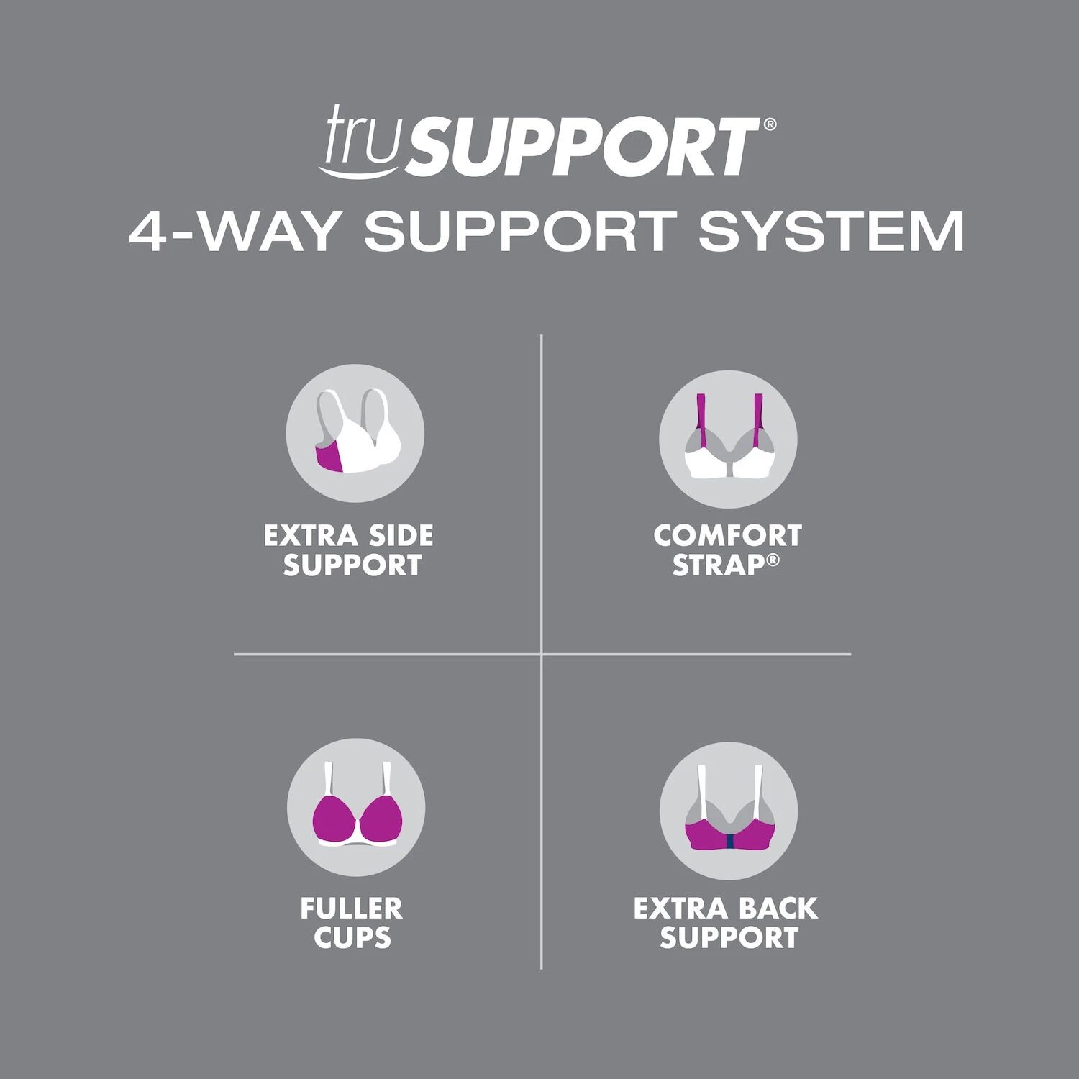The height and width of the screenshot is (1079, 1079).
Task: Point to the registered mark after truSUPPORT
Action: tap(770, 124)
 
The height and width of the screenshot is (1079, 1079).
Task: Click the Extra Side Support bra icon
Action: tap(355, 433)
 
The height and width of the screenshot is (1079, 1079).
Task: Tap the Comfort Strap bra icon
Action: tap(728, 439)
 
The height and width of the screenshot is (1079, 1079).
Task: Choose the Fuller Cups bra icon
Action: tap(355, 806)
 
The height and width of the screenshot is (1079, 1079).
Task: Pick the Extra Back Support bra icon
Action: tap(728, 811)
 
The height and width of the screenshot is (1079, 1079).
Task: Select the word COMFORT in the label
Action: tap(727, 536)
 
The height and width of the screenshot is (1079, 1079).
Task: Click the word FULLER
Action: tap(352, 909)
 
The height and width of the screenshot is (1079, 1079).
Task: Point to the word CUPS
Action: tap(352, 938)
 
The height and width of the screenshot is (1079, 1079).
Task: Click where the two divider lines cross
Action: tap(541, 655)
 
